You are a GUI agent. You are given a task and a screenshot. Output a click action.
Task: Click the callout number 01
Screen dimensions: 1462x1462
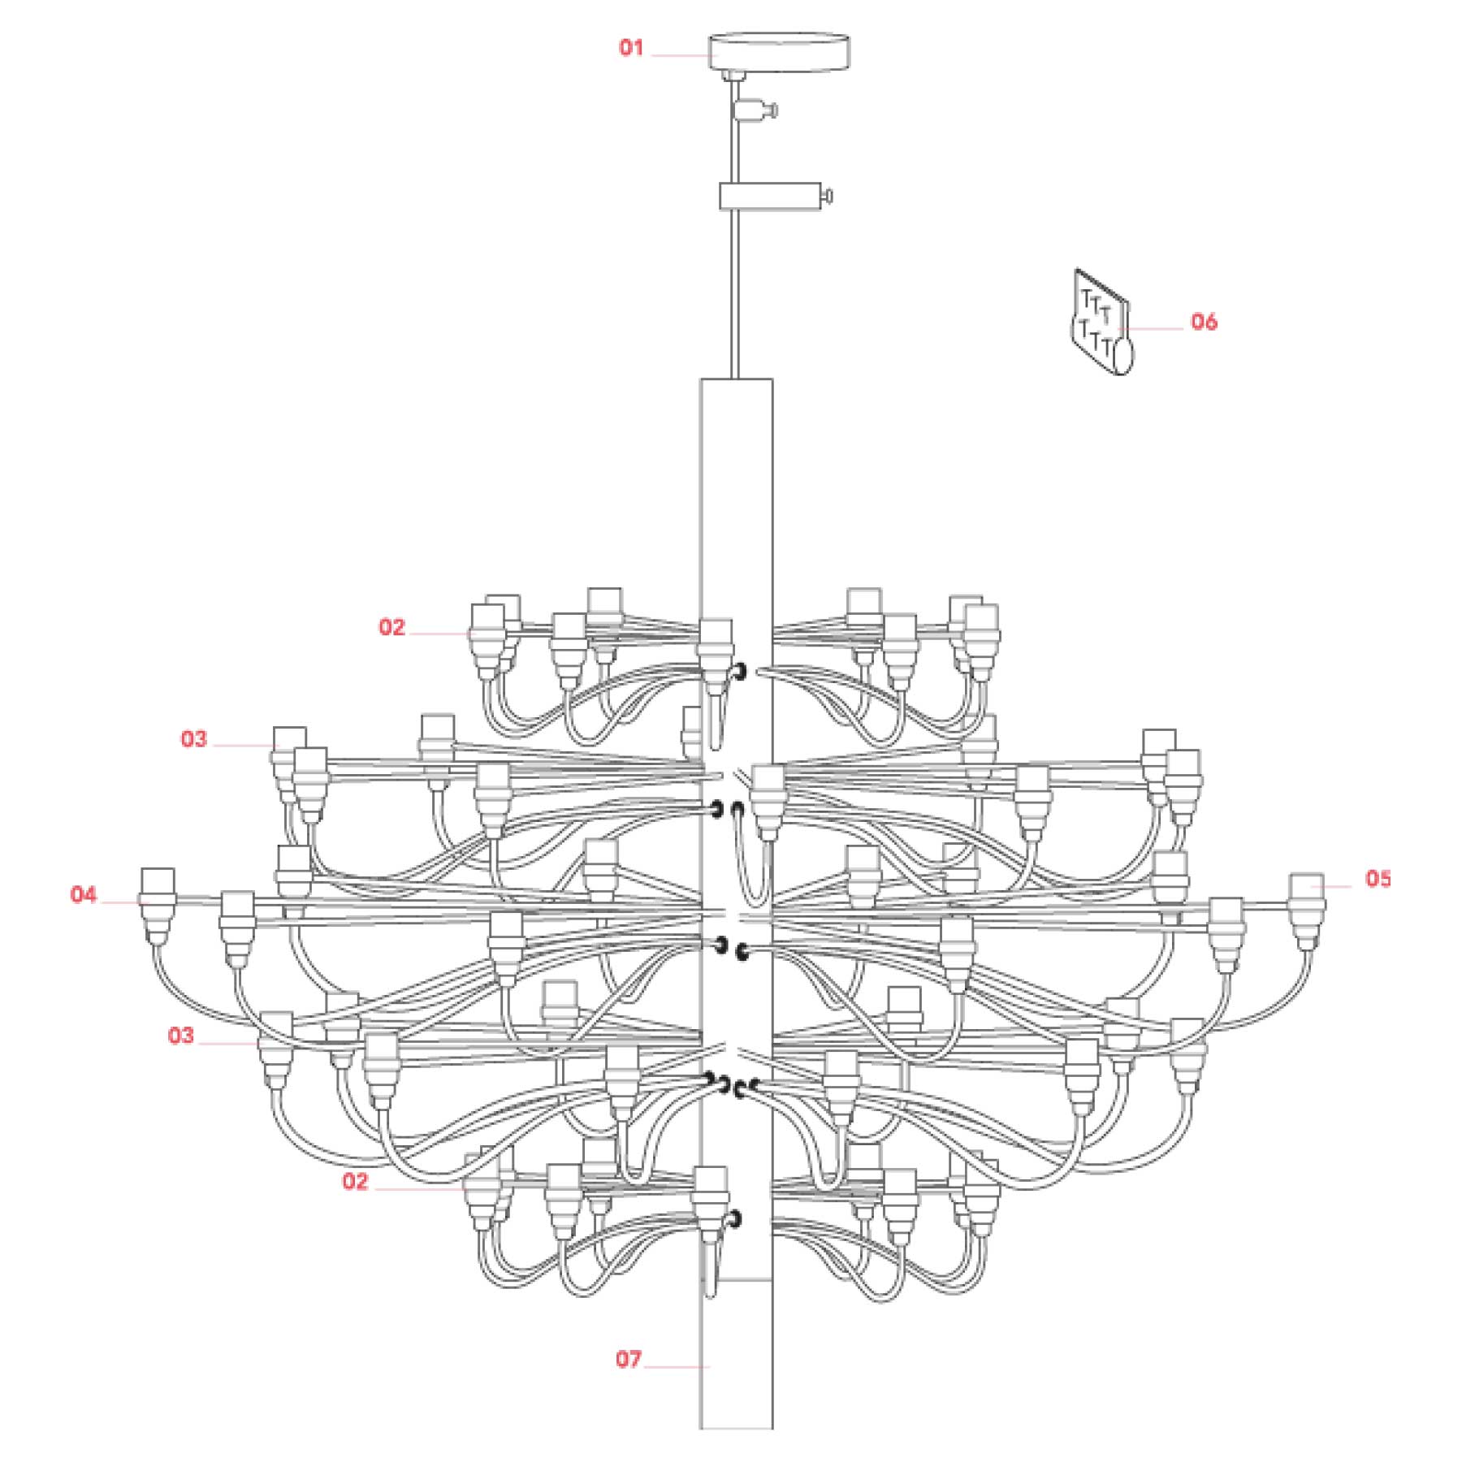point(631,48)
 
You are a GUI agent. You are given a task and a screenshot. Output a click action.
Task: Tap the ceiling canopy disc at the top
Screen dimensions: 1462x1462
point(780,52)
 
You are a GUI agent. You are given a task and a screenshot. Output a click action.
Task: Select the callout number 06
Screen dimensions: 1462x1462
point(1204,322)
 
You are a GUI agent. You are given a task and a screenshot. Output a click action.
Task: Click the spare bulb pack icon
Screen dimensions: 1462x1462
point(1102,322)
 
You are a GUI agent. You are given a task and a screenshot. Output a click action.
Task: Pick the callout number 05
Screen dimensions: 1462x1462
point(1378,878)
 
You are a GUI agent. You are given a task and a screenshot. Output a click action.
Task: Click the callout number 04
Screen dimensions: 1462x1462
point(83,895)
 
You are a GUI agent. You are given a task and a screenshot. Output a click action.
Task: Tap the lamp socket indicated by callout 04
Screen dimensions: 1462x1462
point(158,906)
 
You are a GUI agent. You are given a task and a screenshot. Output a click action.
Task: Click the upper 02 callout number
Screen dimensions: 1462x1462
point(391,627)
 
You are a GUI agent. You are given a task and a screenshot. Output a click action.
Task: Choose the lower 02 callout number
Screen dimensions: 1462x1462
point(355,1181)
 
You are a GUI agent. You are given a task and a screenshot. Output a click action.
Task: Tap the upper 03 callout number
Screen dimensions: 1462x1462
point(193,739)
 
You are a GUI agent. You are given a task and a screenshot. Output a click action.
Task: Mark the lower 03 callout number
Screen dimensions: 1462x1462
point(180,1036)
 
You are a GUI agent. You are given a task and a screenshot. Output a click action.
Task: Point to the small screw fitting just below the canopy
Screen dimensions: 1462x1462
point(755,109)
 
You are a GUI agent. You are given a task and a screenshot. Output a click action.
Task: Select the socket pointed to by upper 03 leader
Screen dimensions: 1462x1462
point(288,763)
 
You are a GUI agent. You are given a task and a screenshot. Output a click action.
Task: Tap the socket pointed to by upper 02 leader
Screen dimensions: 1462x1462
point(487,642)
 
